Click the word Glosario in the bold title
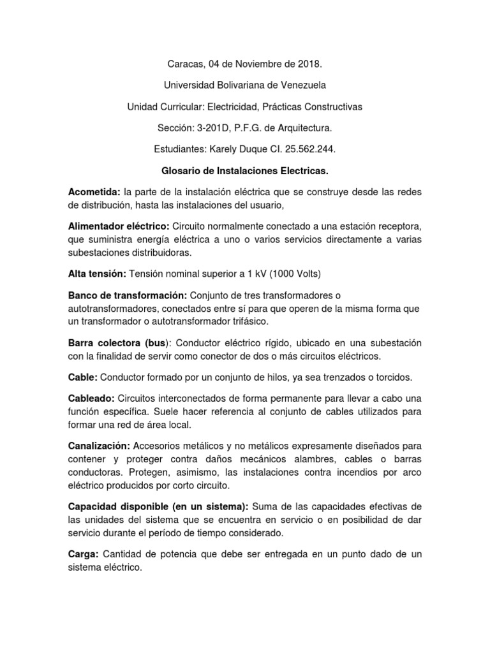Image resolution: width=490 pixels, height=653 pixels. point(181,171)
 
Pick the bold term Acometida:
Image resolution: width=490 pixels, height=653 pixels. point(94,193)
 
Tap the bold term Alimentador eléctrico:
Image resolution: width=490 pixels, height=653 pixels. point(119,228)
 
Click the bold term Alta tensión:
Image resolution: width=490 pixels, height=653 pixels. point(97,274)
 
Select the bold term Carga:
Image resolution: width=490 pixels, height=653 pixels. point(84,554)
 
